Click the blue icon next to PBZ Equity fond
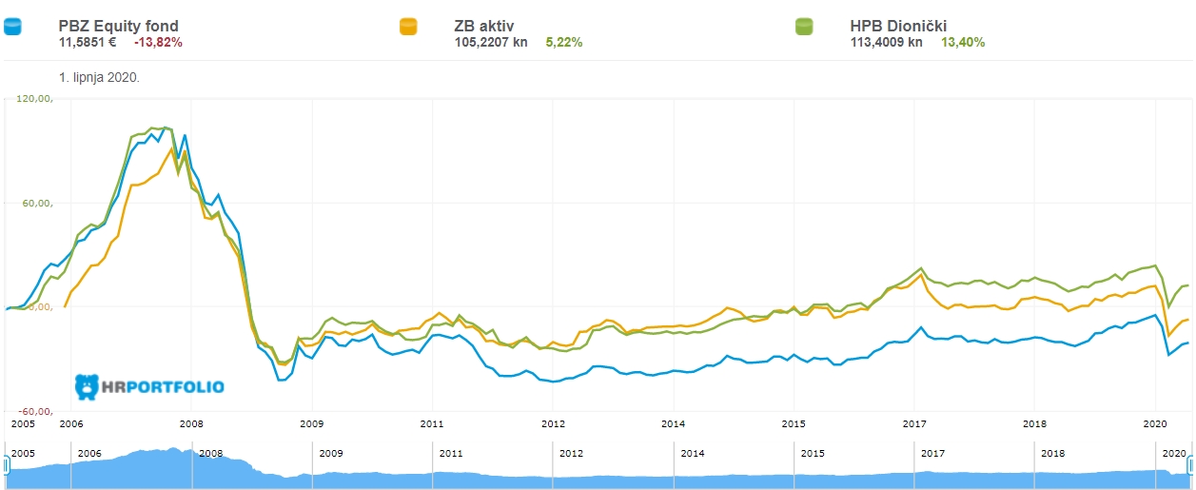click(x=12, y=27)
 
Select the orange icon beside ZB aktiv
click(x=409, y=27)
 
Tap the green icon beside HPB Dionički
click(x=805, y=27)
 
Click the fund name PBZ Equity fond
click(x=118, y=26)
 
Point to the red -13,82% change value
click(x=158, y=42)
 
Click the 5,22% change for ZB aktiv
click(x=564, y=42)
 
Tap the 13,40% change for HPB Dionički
click(x=963, y=42)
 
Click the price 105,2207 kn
click(x=491, y=42)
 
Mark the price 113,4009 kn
click(x=886, y=42)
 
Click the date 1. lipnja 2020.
click(x=99, y=76)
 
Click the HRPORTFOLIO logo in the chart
click(x=149, y=387)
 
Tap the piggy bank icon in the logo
click(x=87, y=386)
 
